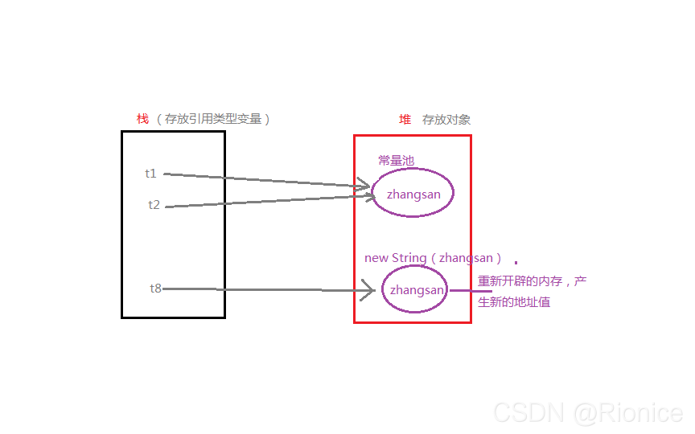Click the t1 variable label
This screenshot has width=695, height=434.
coord(151,173)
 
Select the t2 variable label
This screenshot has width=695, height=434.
coord(154,205)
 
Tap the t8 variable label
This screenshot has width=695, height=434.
coord(155,288)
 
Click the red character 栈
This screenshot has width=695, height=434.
coord(142,119)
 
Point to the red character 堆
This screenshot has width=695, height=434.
coord(405,119)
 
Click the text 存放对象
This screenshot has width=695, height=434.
coord(446,120)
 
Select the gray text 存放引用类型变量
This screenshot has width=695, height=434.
coord(213,119)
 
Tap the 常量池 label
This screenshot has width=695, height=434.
coord(396,161)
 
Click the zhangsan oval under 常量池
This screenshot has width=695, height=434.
coord(412,193)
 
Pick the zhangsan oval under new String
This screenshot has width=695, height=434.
coord(414,289)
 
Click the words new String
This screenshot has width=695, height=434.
coord(395,258)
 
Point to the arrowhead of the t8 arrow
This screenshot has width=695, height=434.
coord(369,290)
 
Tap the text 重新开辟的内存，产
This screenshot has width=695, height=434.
coord(532,281)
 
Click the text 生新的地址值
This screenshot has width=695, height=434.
coord(514,302)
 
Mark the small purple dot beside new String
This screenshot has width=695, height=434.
coord(516,263)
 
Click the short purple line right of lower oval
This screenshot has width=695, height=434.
coord(470,291)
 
